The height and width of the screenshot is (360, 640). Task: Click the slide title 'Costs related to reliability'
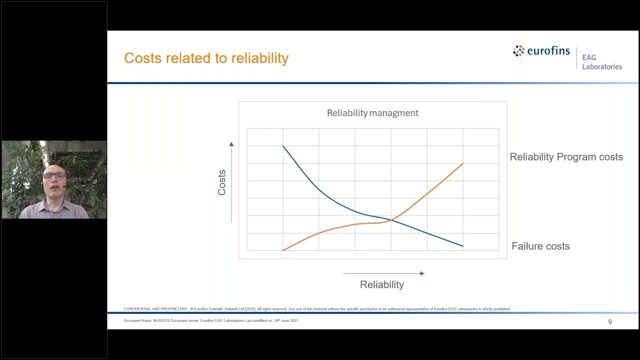[206, 58]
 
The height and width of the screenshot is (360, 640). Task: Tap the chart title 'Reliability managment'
[372, 113]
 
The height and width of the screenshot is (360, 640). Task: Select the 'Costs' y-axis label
[221, 182]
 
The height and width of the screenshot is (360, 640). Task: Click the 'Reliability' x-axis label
[381, 284]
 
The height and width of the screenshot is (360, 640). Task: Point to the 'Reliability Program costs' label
[566, 157]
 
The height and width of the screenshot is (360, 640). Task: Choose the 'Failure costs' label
[540, 246]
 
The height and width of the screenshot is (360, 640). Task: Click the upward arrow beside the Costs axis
[231, 144]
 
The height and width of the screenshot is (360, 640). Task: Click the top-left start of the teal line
[283, 146]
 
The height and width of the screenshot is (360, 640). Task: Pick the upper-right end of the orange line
[462, 163]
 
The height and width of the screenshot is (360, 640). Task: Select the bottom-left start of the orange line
[283, 250]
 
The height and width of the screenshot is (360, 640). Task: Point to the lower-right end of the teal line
[462, 246]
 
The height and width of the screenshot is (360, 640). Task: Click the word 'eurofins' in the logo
[548, 51]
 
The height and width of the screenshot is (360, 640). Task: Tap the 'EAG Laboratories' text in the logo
[601, 62]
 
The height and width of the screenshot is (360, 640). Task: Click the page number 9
[610, 321]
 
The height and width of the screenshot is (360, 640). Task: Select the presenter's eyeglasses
[54, 175]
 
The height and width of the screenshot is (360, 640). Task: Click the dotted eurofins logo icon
[518, 50]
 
